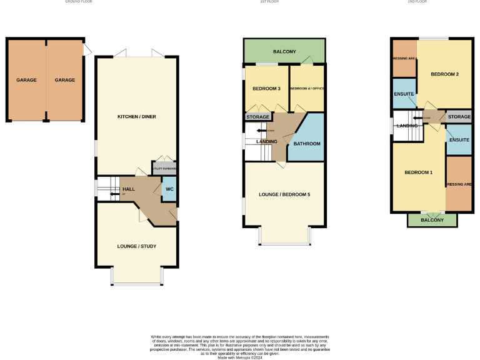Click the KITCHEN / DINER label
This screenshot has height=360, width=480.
coord(136,117)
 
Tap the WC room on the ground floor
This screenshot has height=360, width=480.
coord(169,189)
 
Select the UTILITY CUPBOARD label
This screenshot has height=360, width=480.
coord(164,169)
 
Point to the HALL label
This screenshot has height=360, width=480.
coord(128,189)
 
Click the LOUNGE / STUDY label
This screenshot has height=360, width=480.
coord(136,246)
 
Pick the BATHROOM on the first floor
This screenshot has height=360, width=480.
coord(307,144)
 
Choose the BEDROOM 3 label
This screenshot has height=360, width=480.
coord(266,89)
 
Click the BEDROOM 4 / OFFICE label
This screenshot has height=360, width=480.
coord(307,89)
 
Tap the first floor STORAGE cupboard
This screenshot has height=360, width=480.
coord(257,117)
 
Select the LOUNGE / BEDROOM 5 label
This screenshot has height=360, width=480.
coord(284,194)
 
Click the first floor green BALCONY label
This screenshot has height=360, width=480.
coord(284,51)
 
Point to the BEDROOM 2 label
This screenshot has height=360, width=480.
coord(445,74)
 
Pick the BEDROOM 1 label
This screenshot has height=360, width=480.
coord(418,172)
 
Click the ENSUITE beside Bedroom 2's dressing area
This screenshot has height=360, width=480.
coord(404,94)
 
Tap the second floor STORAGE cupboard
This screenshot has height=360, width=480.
coord(459,117)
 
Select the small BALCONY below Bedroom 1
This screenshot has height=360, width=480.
coord(432,220)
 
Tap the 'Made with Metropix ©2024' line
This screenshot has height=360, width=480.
coord(240,357)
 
